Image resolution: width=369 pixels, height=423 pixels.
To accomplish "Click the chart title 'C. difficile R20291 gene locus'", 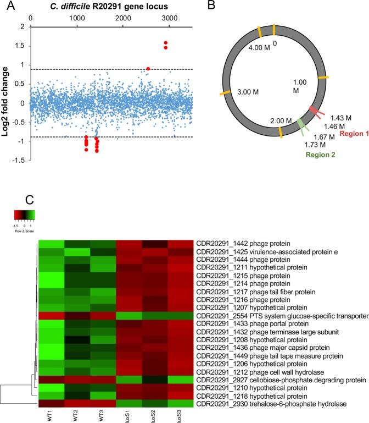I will [x=111, y=6].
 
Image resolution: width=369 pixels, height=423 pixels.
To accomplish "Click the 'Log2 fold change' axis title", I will [x=7, y=103].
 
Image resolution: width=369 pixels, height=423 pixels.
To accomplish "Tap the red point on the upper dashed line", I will [x=148, y=69].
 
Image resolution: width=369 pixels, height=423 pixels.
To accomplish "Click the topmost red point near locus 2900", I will [x=165, y=43].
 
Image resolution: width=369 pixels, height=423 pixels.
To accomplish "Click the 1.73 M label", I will [x=300, y=145].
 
